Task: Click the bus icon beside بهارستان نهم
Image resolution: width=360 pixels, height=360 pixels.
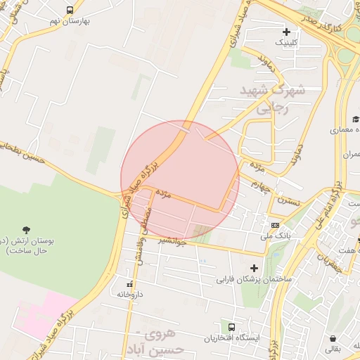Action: (70, 11)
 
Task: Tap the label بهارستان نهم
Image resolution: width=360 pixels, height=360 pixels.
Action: (68, 22)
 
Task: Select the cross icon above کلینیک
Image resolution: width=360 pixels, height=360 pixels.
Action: (286, 32)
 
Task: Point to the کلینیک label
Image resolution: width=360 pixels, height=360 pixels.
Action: (285, 42)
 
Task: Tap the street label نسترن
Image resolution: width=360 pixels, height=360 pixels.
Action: (288, 202)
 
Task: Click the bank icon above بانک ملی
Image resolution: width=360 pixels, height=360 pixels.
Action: (276, 226)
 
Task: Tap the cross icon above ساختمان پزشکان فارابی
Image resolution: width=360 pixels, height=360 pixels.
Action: (254, 268)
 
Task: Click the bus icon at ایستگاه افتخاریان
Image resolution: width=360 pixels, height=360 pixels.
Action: (231, 326)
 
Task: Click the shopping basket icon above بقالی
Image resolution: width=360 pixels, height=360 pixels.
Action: (333, 337)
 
